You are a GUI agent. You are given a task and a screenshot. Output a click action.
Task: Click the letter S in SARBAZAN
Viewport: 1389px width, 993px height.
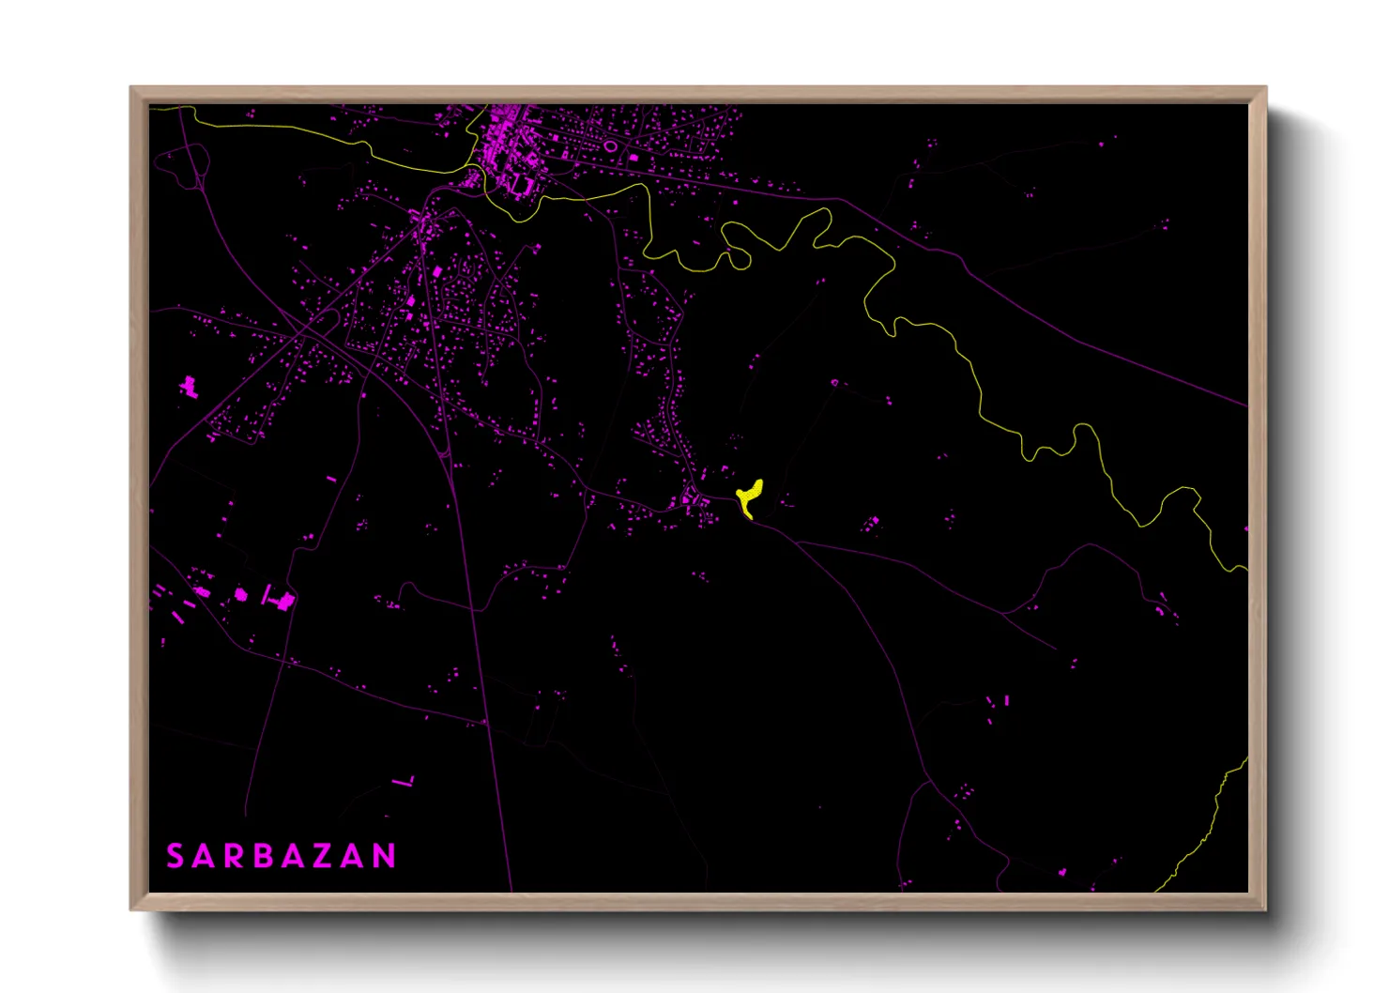coord(175,856)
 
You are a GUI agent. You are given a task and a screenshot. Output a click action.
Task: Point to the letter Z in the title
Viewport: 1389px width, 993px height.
coord(324,856)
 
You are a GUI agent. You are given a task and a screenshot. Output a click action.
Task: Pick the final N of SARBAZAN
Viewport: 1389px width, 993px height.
coord(384,856)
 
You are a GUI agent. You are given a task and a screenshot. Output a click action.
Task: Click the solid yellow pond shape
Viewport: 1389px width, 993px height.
coord(750,496)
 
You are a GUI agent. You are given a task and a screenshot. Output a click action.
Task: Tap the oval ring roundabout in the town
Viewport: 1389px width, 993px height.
coord(610,146)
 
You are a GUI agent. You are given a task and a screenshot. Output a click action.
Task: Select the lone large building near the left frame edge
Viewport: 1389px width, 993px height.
coord(189,386)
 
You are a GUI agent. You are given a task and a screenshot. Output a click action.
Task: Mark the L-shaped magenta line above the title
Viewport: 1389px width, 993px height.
coord(405,781)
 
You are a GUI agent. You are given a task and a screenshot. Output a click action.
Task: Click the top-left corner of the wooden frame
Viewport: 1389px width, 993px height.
coord(131,88)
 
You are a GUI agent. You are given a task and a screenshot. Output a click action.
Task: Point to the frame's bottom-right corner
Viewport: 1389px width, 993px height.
coord(1265,909)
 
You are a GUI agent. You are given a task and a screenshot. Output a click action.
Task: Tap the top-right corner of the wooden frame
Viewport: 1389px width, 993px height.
coord(1265,88)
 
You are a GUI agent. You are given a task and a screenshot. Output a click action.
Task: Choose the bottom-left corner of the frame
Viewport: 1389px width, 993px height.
coord(131,909)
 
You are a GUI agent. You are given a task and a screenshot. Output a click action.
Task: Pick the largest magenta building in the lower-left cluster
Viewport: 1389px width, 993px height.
coord(285,601)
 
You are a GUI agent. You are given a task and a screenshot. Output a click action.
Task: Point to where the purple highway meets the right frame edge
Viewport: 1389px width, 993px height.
coord(1246,406)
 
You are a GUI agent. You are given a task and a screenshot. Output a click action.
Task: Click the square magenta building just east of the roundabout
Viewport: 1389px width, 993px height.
coord(634,157)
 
